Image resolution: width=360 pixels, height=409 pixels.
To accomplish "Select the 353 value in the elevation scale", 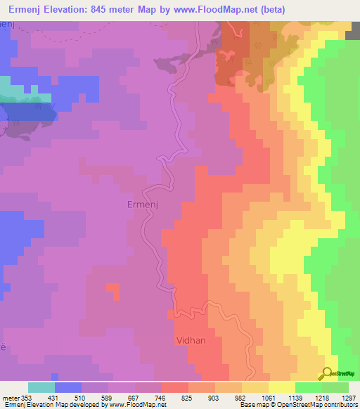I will point(26,398).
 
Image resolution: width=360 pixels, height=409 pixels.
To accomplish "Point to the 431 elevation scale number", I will point(53,398).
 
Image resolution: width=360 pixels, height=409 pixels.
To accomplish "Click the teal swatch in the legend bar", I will point(41,387).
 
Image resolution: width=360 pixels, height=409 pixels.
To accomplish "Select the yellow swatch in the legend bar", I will point(282,387).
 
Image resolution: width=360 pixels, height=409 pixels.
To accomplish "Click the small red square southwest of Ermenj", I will point(112,287).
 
